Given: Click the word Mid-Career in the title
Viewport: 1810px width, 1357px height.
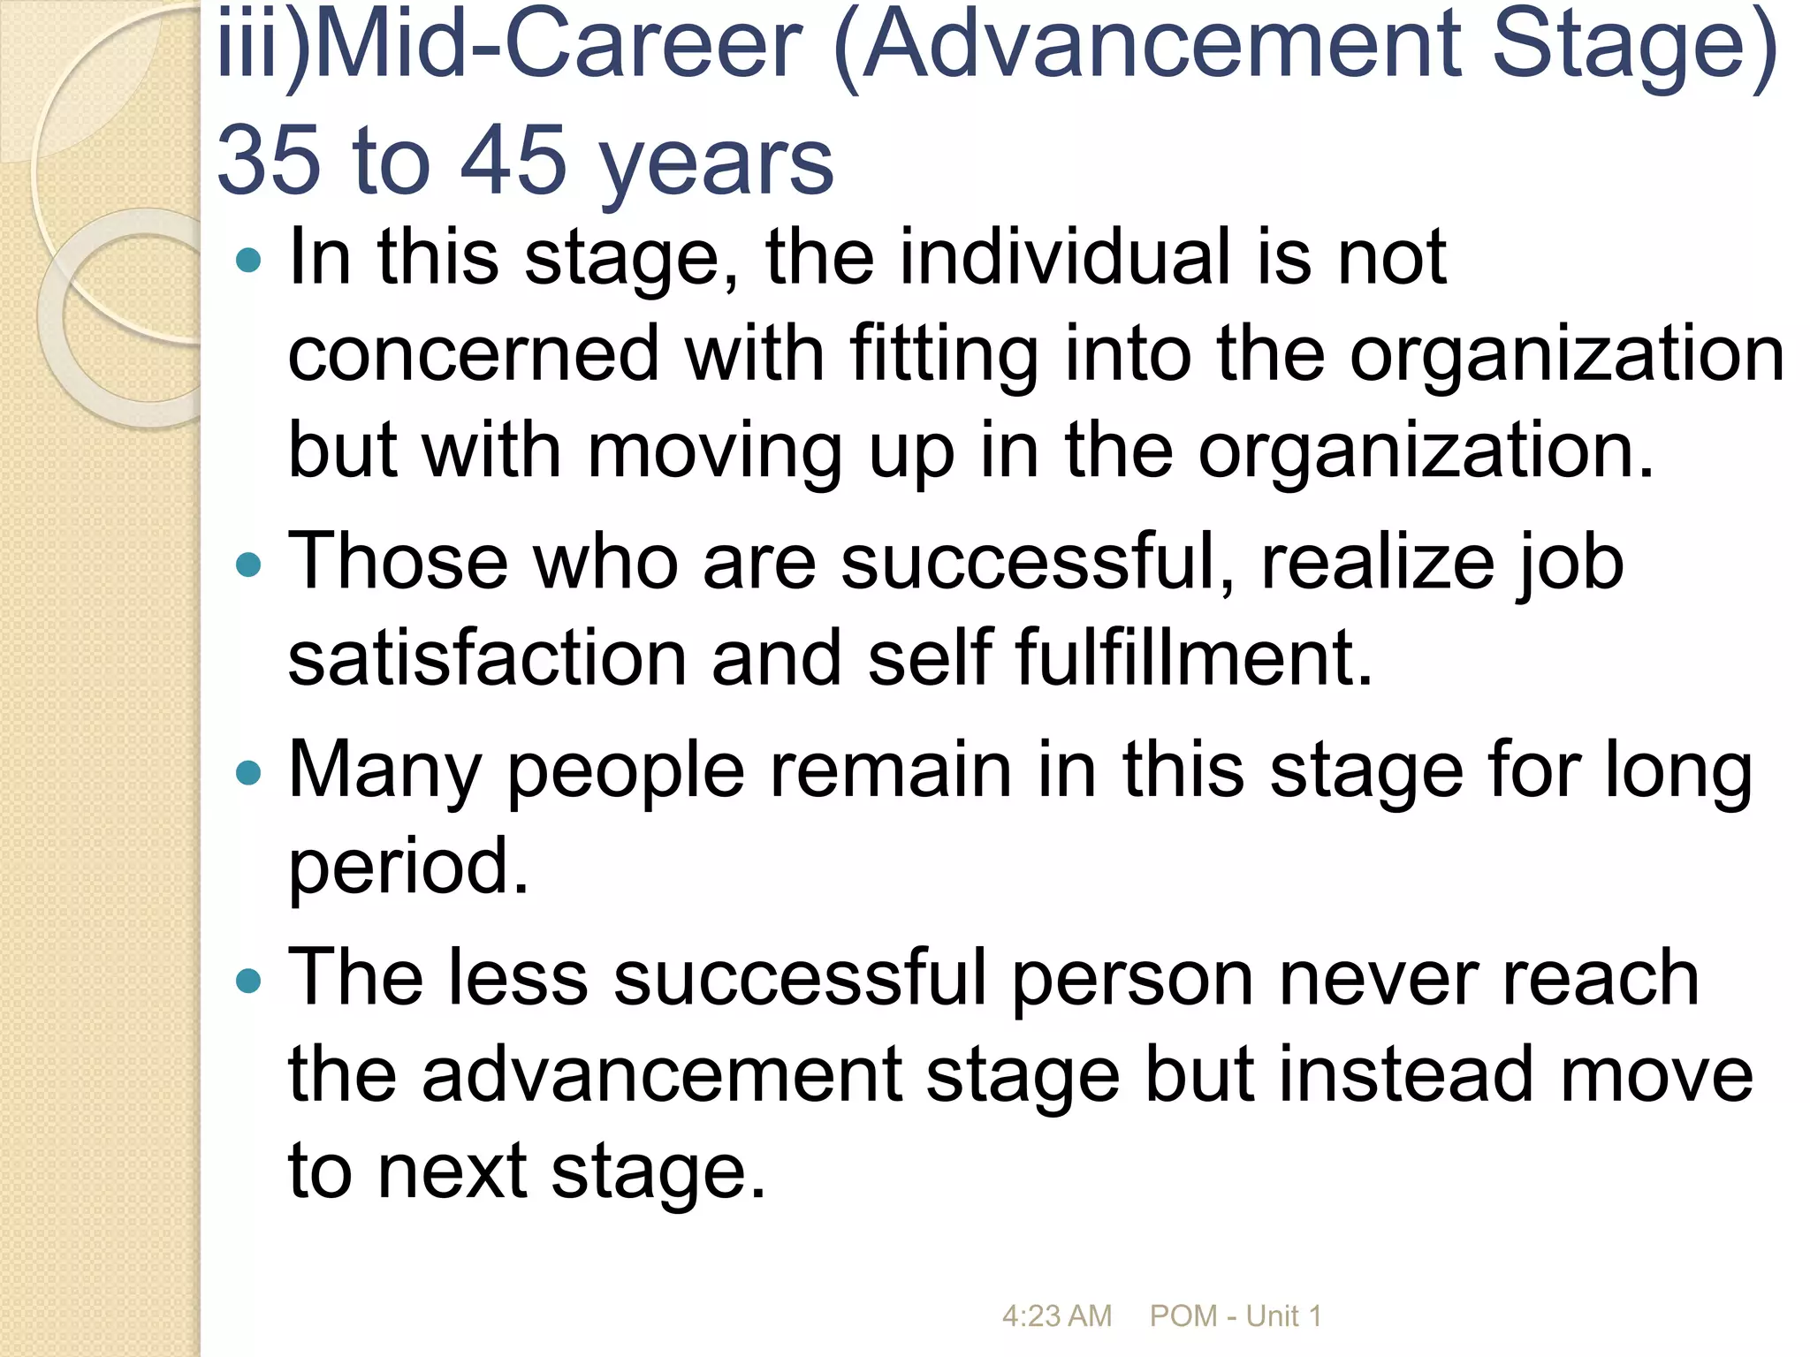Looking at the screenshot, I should coord(557,44).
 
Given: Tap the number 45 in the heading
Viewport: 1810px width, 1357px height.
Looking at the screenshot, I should coord(513,161).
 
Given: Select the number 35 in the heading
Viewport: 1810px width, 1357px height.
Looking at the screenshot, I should coord(269,161).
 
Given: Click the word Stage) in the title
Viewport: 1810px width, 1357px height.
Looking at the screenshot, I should coord(1635,44).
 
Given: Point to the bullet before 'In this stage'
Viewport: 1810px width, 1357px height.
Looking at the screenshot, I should coord(250,260).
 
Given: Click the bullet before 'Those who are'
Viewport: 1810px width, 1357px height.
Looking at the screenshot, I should coord(250,564).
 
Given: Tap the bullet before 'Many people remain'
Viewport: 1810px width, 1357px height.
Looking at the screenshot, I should coord(250,773).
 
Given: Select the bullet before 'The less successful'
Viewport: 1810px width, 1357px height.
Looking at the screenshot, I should coord(250,980).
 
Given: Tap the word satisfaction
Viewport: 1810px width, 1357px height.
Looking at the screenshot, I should coord(487,658).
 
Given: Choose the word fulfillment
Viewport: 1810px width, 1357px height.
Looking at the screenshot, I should coord(1193,658).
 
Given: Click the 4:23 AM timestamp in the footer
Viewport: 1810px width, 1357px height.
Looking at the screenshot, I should coord(1056,1316).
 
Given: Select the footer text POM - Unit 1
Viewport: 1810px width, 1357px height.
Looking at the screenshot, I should coord(1235,1316).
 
